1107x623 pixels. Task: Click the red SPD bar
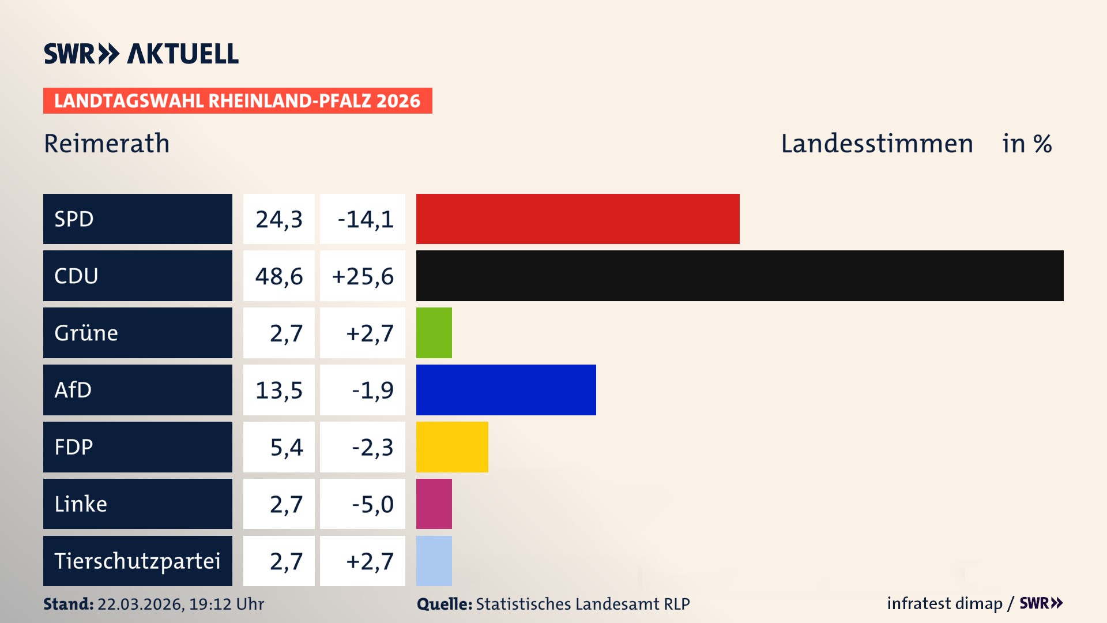coord(577,219)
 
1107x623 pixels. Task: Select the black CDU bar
coord(739,276)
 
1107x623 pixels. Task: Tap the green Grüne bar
coord(434,333)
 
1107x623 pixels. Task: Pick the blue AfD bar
coord(506,390)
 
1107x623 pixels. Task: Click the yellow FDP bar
coord(451,447)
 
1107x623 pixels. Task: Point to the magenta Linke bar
coord(434,504)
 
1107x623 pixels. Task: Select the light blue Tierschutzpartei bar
coord(434,561)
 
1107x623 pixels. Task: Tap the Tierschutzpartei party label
coord(137,561)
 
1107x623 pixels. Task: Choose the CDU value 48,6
coord(279,276)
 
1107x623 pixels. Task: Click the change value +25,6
coord(363,276)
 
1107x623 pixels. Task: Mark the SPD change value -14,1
coord(365,219)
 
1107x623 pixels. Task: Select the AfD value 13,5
coord(279,391)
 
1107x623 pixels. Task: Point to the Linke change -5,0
coord(372,505)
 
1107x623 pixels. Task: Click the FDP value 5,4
coord(286,448)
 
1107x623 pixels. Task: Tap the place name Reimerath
coord(107,144)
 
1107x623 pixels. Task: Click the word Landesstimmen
coord(876,144)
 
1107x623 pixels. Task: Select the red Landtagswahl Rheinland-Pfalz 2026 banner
coord(238,101)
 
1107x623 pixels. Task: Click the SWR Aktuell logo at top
coord(141,54)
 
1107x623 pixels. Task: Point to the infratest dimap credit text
coord(944,603)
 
